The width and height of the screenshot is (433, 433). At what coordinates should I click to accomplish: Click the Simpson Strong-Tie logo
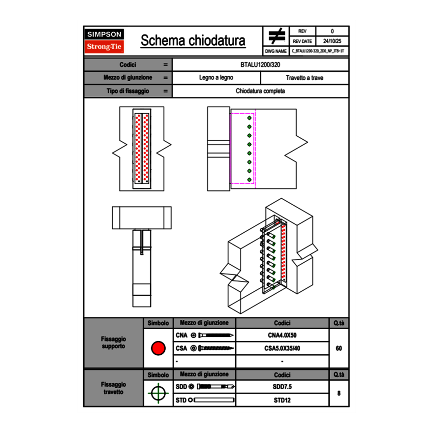(104, 41)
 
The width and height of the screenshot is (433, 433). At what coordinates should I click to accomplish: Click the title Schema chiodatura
(193, 41)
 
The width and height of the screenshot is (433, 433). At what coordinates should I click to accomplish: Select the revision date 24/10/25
(332, 41)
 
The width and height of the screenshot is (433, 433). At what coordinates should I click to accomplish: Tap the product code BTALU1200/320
(260, 65)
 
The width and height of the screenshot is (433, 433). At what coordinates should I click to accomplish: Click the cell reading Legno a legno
(216, 78)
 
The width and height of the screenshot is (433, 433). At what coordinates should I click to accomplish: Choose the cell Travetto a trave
(304, 78)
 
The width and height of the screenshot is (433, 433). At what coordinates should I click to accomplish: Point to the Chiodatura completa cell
(260, 91)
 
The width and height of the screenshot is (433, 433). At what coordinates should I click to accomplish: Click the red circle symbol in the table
(158, 348)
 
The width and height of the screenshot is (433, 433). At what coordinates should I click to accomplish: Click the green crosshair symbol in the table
(158, 393)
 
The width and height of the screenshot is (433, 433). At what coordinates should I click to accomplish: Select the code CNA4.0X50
(282, 336)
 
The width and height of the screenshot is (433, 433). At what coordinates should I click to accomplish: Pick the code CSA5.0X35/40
(282, 348)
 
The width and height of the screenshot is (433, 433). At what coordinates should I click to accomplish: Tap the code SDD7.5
(282, 387)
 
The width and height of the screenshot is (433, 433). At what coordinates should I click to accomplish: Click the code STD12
(282, 400)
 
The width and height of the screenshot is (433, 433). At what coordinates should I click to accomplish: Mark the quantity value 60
(339, 348)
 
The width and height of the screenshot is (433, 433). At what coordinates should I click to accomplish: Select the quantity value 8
(339, 393)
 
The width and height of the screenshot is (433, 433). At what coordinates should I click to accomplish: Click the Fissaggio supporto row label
(113, 342)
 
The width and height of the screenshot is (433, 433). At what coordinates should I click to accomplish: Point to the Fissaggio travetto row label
(113, 388)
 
